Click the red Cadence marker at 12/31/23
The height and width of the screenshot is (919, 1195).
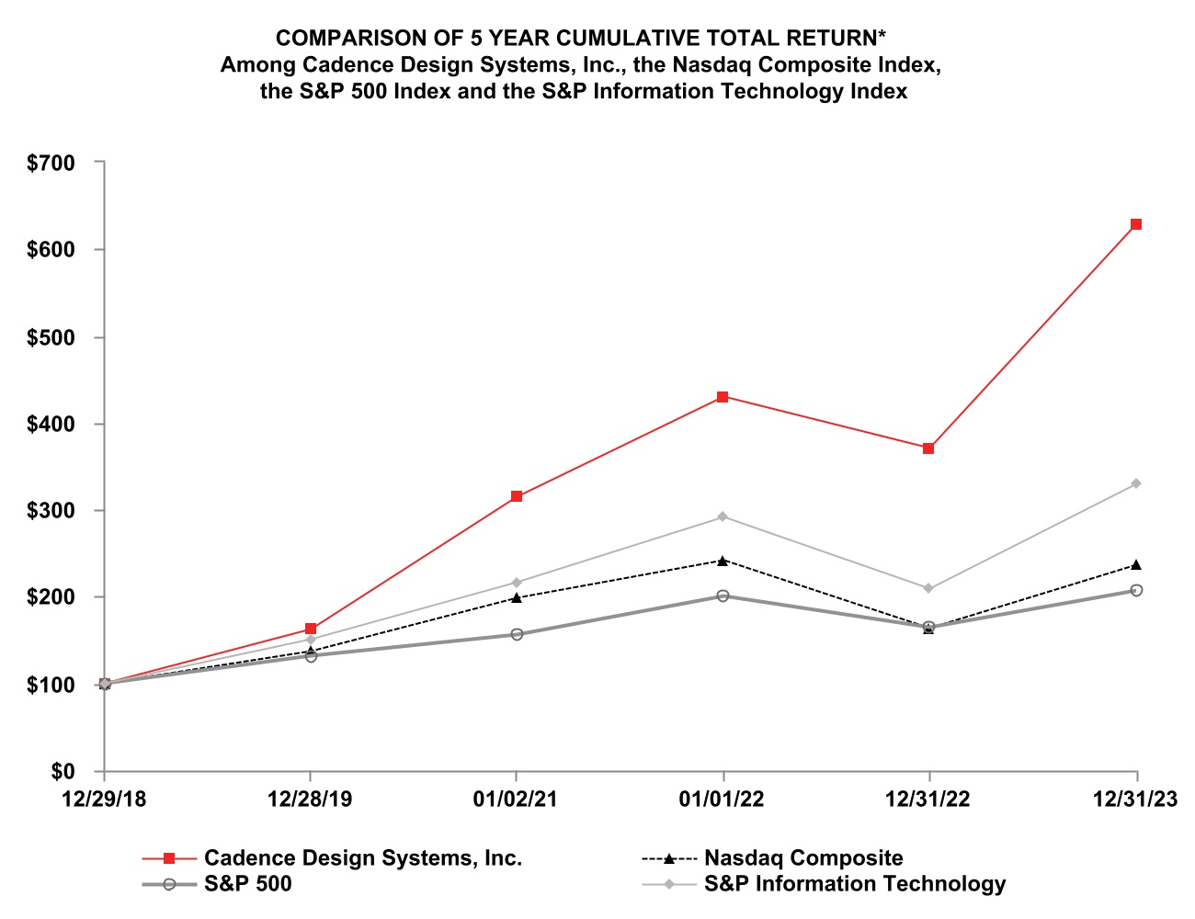pos(1136,224)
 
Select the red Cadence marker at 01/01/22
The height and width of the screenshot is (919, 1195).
pos(723,397)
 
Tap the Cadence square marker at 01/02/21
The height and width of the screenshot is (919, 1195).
pos(517,496)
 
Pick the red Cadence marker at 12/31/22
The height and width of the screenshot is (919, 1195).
pos(928,448)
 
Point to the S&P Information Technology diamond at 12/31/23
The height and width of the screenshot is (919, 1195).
pos(1136,483)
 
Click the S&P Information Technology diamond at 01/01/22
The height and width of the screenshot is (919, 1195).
pos(723,516)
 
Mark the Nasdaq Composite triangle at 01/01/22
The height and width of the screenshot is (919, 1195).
pos(723,561)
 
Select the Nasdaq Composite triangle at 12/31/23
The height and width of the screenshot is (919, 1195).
pos(1136,564)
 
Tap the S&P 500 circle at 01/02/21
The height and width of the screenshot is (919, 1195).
pos(517,634)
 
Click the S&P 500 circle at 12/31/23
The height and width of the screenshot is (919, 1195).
pos(1136,590)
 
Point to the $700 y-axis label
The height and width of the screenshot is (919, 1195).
pos(51,164)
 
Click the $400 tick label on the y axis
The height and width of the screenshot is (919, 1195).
pos(51,425)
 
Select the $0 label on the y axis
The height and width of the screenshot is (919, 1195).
pos(63,772)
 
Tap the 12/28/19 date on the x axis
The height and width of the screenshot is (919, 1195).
pos(310,800)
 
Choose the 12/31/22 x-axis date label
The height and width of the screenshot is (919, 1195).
pos(928,800)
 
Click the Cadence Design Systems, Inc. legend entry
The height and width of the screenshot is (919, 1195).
pos(362,858)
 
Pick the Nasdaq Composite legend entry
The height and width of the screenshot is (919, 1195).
pos(802,858)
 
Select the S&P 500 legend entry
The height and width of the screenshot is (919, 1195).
pos(247,884)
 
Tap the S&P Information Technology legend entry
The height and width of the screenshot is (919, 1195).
pos(854,884)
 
